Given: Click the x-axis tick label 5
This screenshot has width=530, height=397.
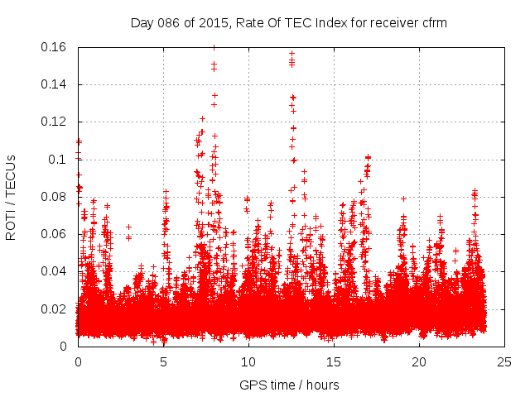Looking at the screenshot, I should tap(163, 361).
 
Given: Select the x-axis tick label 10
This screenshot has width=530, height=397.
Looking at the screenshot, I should tap(248, 361).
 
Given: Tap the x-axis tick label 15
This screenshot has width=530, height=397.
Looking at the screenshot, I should tap(334, 361).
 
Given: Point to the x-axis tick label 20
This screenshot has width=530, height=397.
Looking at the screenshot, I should tap(419, 361).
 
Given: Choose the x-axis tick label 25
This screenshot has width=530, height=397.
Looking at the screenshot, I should tap(504, 361).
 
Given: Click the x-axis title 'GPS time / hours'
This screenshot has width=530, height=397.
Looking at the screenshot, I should tap(289, 385).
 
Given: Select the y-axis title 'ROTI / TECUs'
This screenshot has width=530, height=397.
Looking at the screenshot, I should tap(11, 197).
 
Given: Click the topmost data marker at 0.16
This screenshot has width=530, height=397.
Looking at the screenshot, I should tap(214, 47).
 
